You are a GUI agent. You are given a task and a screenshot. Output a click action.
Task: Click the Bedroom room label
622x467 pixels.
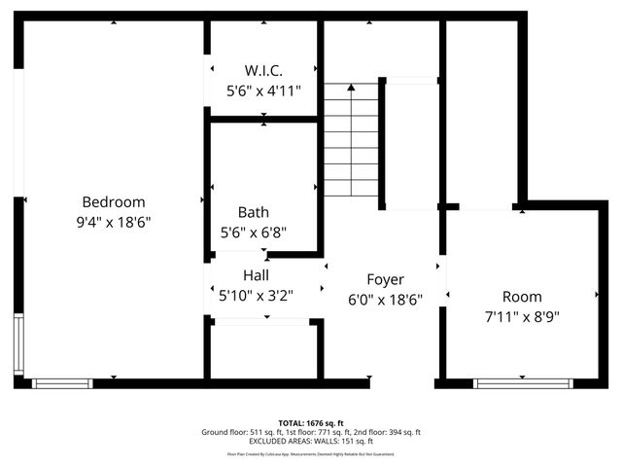[x=113, y=202]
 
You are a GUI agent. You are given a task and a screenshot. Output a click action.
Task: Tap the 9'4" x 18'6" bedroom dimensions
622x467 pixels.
[x=113, y=222]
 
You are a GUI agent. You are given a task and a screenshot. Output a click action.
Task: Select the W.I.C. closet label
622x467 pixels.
[x=263, y=71]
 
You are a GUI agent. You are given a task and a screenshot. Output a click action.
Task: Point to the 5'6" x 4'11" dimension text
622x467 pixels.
[x=263, y=90]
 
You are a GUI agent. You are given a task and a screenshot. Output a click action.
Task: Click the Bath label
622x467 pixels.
[x=254, y=212]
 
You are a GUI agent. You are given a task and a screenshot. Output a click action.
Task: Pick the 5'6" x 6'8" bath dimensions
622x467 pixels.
[x=254, y=233]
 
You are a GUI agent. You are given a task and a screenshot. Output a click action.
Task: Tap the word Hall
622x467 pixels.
[x=256, y=275]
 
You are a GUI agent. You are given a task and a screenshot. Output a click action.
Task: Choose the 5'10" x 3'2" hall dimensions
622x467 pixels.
[x=256, y=295]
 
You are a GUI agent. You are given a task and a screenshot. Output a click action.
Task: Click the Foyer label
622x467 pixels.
[x=385, y=280]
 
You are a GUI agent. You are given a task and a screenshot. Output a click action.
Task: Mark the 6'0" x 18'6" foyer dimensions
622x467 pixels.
[x=385, y=301]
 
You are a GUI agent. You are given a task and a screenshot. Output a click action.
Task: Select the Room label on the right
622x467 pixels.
[x=522, y=297]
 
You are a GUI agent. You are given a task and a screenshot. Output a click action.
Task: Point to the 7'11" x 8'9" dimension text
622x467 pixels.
[x=522, y=316]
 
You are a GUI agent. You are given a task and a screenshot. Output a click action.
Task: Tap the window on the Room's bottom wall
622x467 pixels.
[x=522, y=383]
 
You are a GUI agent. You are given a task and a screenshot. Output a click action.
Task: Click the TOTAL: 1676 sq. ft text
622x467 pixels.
[x=311, y=423]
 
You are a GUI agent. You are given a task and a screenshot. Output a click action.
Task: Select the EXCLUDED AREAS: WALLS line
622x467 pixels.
[x=311, y=442]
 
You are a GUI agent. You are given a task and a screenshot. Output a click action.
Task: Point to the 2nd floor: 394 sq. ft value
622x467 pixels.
[x=387, y=432]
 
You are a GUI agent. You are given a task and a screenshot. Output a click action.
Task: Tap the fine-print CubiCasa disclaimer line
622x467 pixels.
[x=311, y=454]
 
